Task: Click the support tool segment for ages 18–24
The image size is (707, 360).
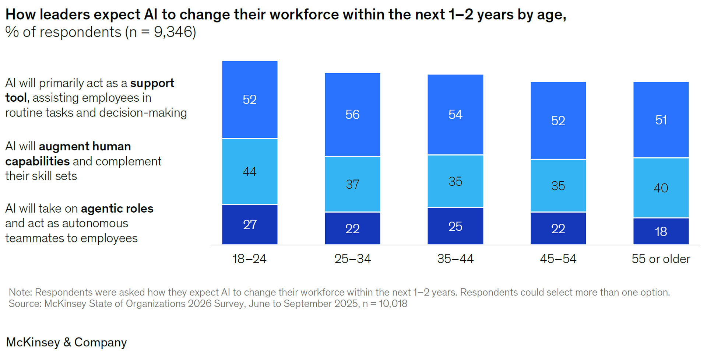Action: click(250, 99)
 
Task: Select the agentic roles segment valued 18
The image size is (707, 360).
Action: click(661, 231)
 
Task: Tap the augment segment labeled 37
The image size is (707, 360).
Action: click(352, 184)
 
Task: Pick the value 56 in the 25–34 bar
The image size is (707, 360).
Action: click(352, 115)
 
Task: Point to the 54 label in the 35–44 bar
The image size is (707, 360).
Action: click(455, 115)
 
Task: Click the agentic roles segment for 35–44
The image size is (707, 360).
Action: click(455, 226)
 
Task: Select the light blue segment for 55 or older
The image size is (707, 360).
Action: click(661, 188)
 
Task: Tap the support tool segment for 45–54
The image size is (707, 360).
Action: click(558, 120)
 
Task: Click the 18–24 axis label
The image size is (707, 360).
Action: click(249, 259)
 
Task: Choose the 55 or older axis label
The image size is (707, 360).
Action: click(661, 259)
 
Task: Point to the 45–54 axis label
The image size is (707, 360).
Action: click(558, 259)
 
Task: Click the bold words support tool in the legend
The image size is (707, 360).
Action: click(152, 83)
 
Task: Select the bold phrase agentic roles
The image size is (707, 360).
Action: click(117, 209)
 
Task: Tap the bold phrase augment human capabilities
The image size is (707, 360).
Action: click(85, 147)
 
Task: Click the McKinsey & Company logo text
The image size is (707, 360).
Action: click(66, 342)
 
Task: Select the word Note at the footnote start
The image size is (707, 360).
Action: click(20, 292)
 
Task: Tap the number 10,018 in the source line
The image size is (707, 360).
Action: click(393, 304)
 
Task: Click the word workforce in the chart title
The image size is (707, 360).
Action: click(304, 15)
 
